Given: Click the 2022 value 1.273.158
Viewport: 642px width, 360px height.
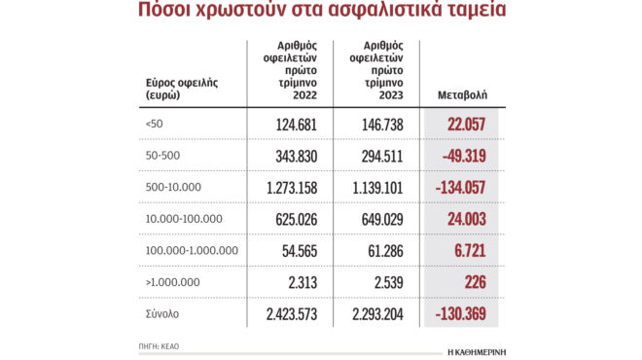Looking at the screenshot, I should tap(278, 188).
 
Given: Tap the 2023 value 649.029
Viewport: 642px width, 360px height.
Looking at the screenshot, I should tap(372, 220).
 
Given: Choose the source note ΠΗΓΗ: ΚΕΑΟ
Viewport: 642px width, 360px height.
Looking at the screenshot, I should tap(160, 346).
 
